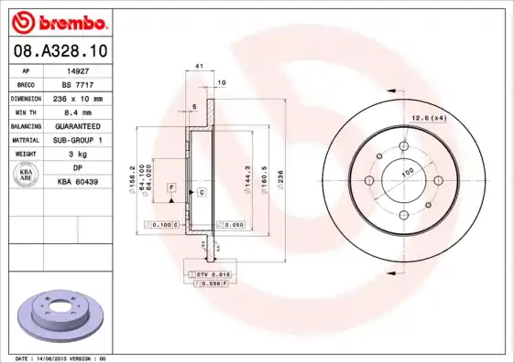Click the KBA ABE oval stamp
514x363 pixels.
(x=27, y=176)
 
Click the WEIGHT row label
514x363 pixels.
(x=25, y=154)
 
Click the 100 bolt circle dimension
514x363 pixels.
(x=409, y=171)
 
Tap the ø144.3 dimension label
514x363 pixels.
(x=247, y=174)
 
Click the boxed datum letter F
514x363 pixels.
(x=170, y=187)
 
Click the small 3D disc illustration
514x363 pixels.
(x=61, y=314)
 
